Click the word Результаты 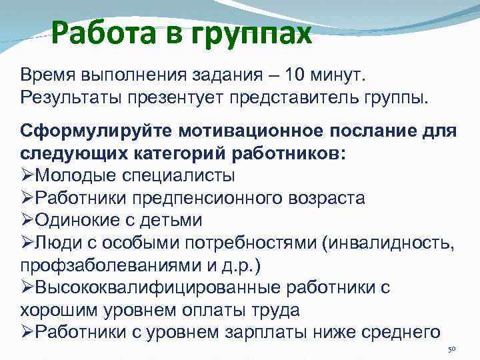70,98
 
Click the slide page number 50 451,349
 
